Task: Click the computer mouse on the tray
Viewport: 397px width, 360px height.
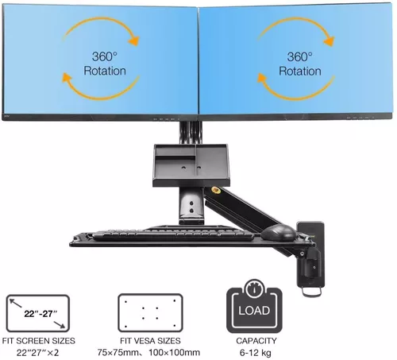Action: pyautogui.click(x=278, y=233)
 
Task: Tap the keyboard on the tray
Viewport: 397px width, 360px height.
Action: pyautogui.click(x=172, y=234)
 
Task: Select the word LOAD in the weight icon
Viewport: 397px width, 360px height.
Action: pyautogui.click(x=254, y=311)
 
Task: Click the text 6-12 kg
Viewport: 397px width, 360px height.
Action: pyautogui.click(x=256, y=353)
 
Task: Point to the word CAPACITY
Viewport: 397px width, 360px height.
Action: pyautogui.click(x=256, y=341)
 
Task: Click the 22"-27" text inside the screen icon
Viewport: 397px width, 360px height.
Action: pyautogui.click(x=40, y=314)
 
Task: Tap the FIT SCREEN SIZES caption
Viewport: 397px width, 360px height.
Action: pyautogui.click(x=39, y=341)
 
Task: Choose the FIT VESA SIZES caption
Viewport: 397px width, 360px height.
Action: pyautogui.click(x=150, y=341)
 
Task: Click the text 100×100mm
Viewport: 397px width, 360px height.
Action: pyautogui.click(x=174, y=353)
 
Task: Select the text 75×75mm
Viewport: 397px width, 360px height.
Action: pyautogui.click(x=117, y=353)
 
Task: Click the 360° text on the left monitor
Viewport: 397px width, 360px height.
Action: pyautogui.click(x=105, y=56)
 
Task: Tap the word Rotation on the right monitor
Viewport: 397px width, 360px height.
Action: pyautogui.click(x=300, y=71)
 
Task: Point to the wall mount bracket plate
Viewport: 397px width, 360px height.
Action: pyautogui.click(x=310, y=254)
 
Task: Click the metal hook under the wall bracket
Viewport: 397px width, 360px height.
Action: pyautogui.click(x=312, y=292)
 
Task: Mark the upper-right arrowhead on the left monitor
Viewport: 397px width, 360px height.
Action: pyautogui.click(x=134, y=41)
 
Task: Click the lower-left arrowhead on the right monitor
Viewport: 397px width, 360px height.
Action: pyautogui.click(x=262, y=78)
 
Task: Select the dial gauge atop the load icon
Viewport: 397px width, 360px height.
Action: pyautogui.click(x=255, y=288)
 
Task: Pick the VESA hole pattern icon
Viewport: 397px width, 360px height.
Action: pyautogui.click(x=150, y=313)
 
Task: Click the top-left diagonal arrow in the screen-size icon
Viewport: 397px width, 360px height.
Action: pyautogui.click(x=15, y=303)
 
